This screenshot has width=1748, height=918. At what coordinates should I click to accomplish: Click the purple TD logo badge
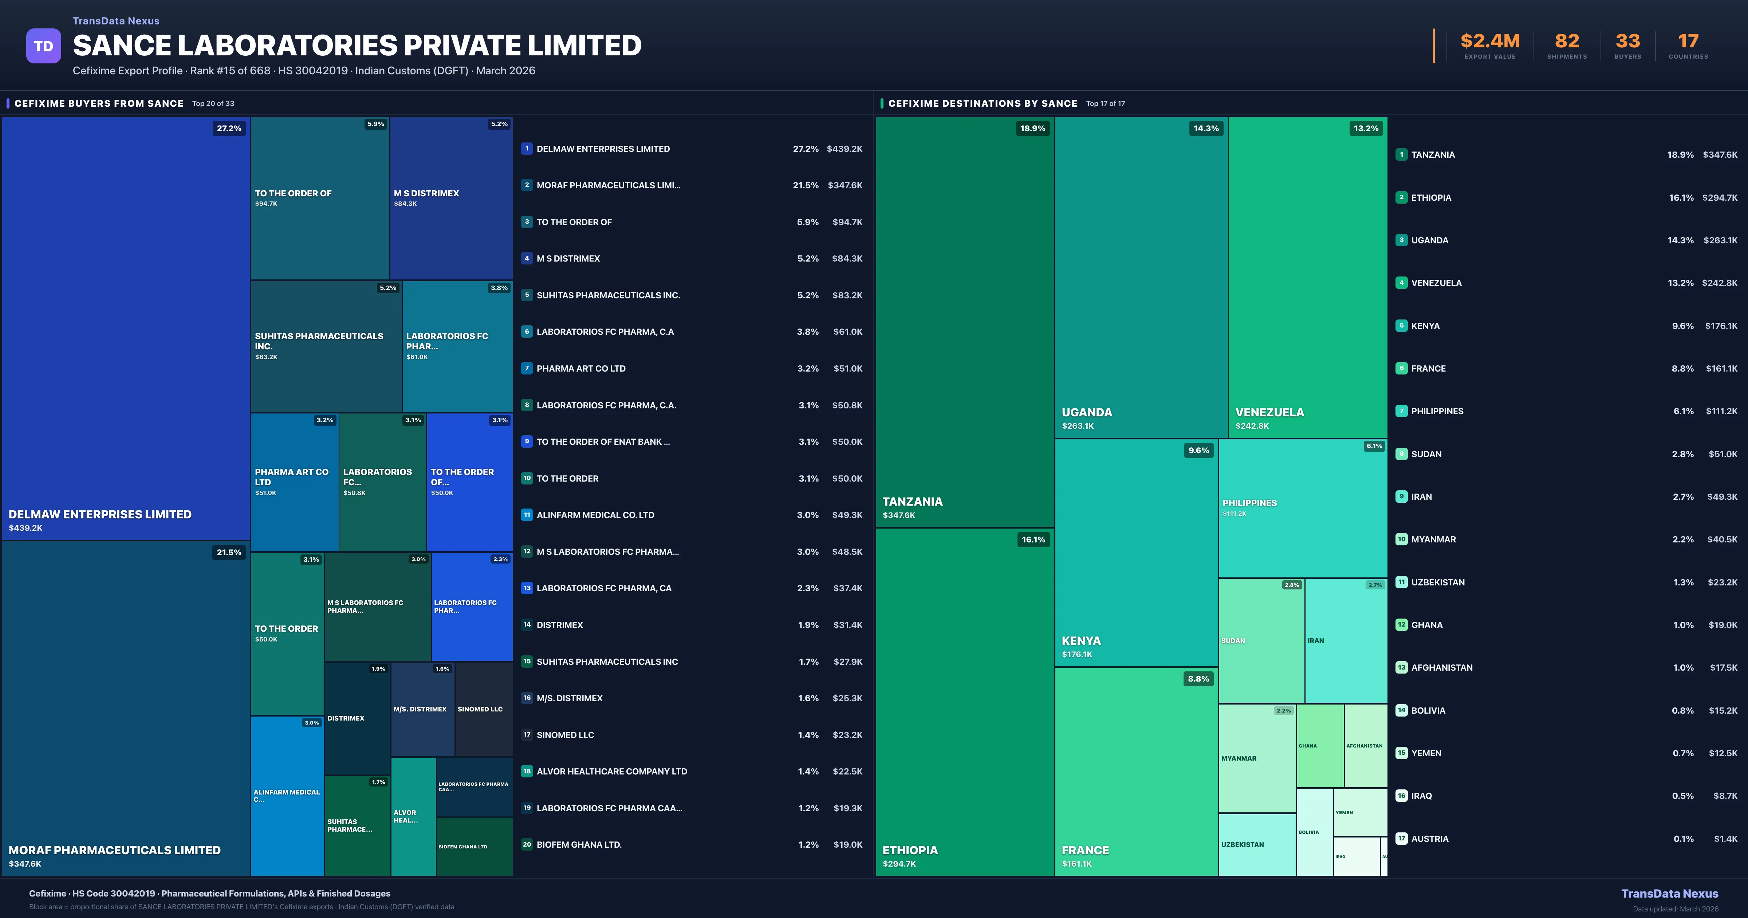(x=43, y=46)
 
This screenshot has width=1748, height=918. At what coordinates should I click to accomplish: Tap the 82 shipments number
(x=1567, y=42)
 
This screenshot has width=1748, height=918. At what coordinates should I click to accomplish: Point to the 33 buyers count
(x=1627, y=42)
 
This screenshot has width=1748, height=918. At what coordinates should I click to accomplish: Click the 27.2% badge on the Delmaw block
(x=229, y=128)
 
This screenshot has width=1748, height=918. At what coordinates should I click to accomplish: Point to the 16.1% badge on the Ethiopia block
(x=1033, y=540)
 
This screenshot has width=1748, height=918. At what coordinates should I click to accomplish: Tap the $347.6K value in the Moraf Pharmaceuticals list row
(x=845, y=185)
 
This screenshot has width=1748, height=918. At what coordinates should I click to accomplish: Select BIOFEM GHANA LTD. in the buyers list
(x=579, y=845)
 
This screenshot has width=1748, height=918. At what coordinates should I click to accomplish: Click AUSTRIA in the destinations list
(x=1430, y=839)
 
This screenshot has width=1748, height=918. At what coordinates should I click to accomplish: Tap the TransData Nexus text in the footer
(x=1669, y=894)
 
